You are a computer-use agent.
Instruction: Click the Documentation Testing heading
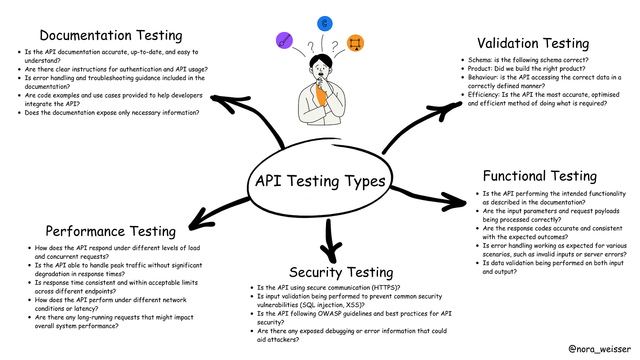pyautogui.click(x=111, y=36)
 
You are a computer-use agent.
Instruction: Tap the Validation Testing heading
pyautogui.click(x=533, y=43)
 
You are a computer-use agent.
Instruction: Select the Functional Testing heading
pyautogui.click(x=540, y=176)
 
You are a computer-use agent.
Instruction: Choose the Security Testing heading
pyautogui.click(x=341, y=272)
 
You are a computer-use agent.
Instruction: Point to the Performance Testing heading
pyautogui.click(x=110, y=231)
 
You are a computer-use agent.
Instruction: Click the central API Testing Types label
pyautogui.click(x=320, y=181)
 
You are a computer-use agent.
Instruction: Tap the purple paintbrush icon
pyautogui.click(x=284, y=40)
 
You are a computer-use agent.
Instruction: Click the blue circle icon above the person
pyautogui.click(x=325, y=24)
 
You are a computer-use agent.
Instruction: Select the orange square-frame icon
pyautogui.click(x=355, y=43)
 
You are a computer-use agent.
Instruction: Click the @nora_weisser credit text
pyautogui.click(x=599, y=349)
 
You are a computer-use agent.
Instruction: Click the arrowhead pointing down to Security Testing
pyautogui.click(x=330, y=250)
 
